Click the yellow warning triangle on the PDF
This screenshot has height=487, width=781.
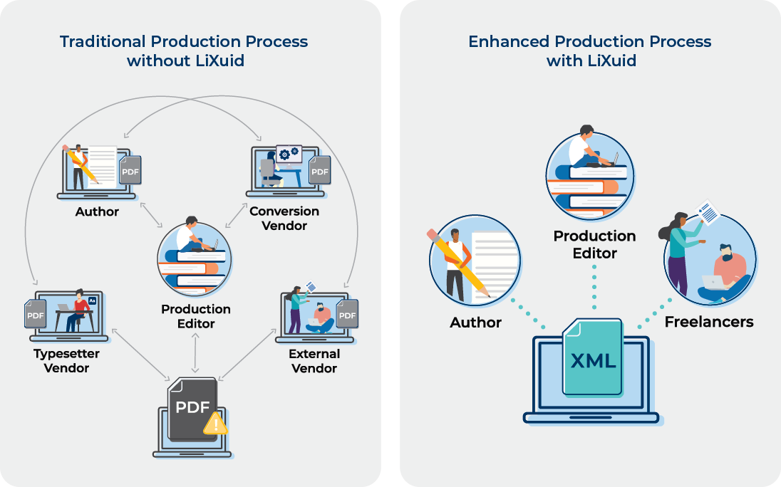click(216, 424)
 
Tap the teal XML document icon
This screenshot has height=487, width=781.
click(593, 357)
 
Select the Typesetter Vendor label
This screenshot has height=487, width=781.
click(66, 361)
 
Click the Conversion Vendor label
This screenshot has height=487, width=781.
click(284, 219)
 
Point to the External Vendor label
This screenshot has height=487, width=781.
click(314, 361)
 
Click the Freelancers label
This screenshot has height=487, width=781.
click(709, 322)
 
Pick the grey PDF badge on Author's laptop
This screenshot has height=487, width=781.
click(130, 170)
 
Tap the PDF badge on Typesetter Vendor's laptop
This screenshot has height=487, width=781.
click(36, 314)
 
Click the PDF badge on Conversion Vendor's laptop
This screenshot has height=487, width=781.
click(320, 170)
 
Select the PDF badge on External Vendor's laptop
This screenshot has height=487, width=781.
click(347, 314)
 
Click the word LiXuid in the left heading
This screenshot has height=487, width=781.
click(220, 61)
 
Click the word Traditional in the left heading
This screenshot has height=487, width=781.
click(103, 41)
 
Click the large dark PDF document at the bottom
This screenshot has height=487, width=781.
click(192, 409)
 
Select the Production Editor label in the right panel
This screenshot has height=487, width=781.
click(595, 244)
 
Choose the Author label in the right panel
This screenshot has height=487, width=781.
click(476, 323)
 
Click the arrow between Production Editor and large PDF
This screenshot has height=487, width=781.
click(195, 353)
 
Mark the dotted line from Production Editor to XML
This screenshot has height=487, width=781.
click(594, 288)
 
